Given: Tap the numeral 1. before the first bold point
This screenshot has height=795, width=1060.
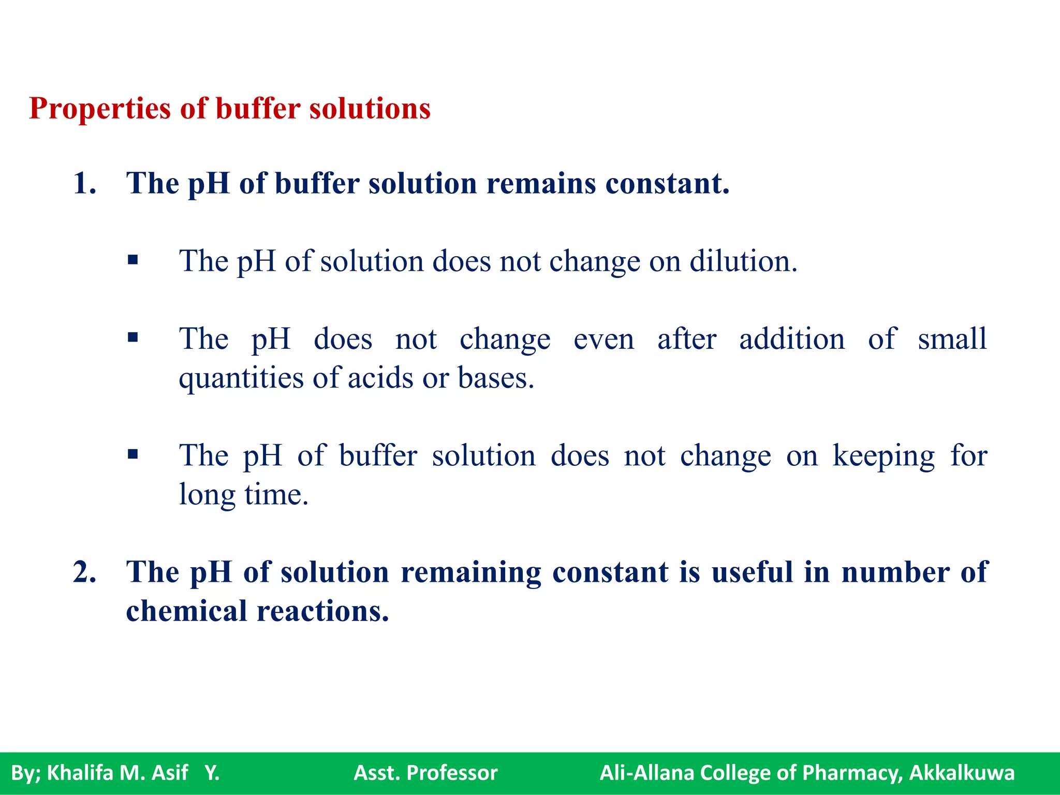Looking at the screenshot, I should click(84, 184).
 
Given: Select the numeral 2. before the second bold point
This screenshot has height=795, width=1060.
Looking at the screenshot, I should click(84, 572).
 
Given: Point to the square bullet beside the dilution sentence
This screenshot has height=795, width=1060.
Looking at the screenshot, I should click(133, 260).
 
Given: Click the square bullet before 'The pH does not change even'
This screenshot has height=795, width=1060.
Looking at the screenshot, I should click(133, 338).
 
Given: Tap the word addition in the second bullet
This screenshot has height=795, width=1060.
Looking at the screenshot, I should click(791, 340).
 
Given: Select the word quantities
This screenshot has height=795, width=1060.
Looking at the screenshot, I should click(241, 379).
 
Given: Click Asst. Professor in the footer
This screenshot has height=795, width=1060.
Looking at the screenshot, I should click(425, 773).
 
